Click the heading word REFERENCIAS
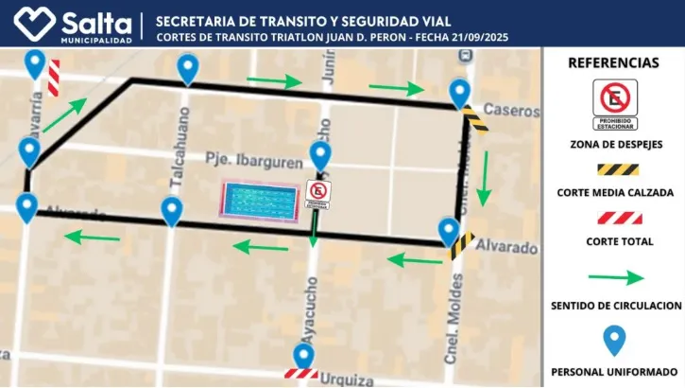613,62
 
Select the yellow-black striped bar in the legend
613,169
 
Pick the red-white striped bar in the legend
613,218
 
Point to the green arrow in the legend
613,278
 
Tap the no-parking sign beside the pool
317,195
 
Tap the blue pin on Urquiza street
303,356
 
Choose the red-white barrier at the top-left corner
54,78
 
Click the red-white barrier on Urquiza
302,375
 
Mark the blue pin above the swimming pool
320,155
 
